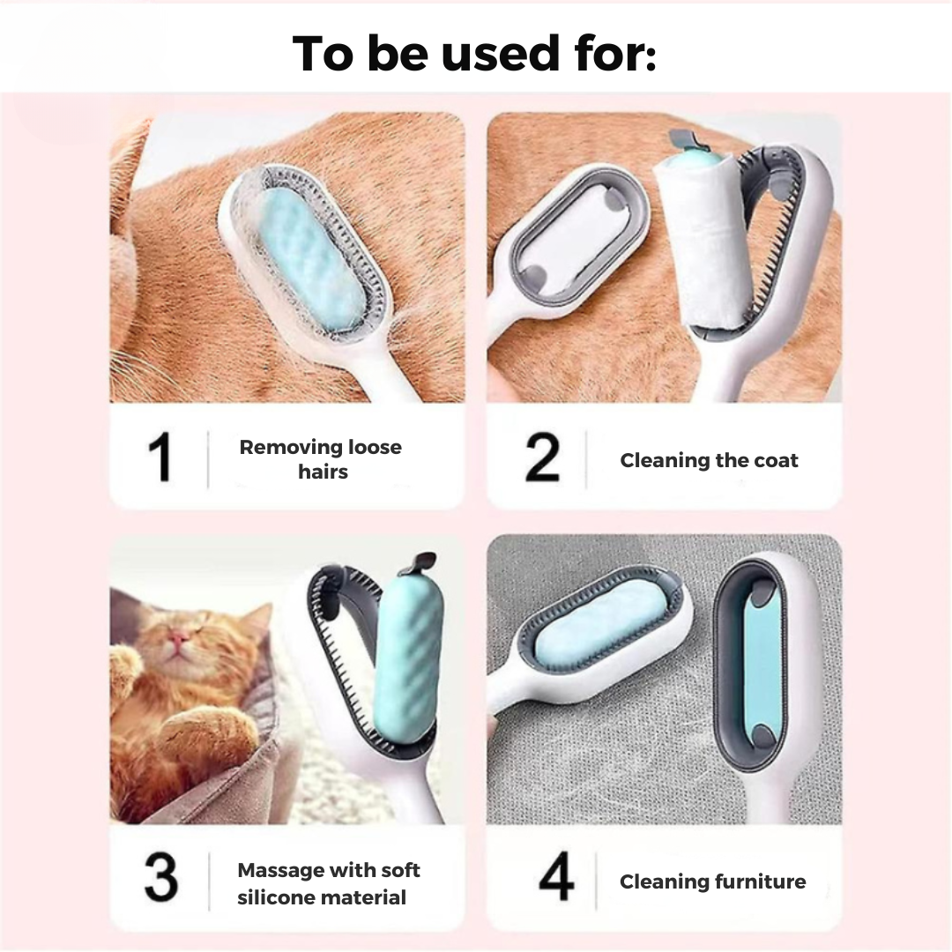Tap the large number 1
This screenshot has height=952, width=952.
tap(160, 457)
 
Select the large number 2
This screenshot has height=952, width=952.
tap(541, 457)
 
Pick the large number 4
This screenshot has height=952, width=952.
tap(556, 875)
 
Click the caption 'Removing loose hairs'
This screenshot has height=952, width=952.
tap(321, 459)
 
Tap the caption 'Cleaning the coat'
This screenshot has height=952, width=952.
tap(709, 460)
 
